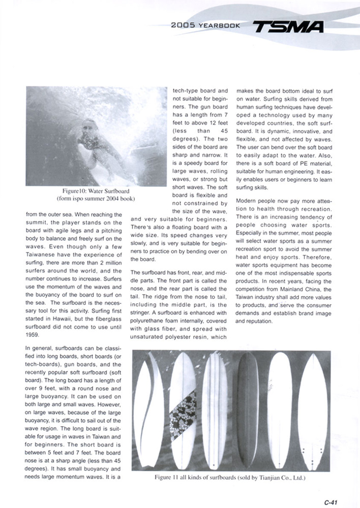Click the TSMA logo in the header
pyautogui.click(x=288, y=25)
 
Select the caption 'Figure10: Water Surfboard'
pyautogui.click(x=96, y=191)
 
